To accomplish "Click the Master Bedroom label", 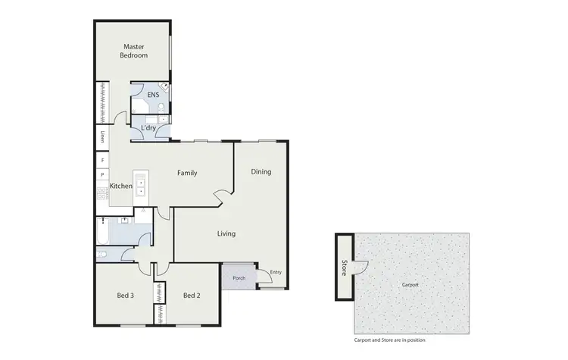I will point(134,51).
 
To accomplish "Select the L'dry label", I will point(148,129).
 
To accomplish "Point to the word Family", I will point(187,173).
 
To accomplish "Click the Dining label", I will point(261,172).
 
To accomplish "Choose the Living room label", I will point(226,233).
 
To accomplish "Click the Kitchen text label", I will point(121,186).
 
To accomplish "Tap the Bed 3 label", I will point(126,296).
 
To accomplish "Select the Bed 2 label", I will point(192,296).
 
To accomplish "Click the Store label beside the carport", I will point(344,268).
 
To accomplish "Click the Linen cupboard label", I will point(102,137).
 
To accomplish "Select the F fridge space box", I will point(102,161).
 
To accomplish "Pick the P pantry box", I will point(102,175).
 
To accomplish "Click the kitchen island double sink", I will point(142,186).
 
